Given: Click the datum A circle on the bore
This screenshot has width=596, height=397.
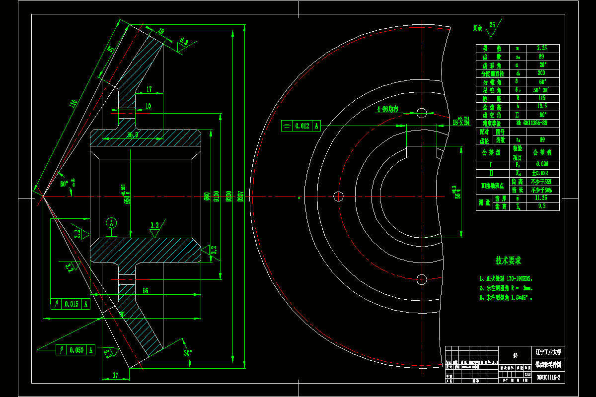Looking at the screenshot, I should pos(111,223).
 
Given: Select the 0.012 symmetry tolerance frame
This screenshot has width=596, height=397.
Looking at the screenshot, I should pos(301,126).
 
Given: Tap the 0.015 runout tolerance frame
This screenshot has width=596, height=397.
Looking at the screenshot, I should pos(71,304).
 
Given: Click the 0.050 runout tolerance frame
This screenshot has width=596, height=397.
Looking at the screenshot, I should pos(74,350).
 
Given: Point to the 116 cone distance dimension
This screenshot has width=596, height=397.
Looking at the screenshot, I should pos(73,103).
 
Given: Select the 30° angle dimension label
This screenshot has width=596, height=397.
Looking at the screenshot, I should pos(187,353).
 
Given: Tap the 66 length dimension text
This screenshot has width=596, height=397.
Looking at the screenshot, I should pos(145,290).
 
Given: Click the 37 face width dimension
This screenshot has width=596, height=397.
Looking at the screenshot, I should pos(110,49).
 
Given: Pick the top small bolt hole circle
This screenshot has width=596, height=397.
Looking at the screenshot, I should pos(422,113).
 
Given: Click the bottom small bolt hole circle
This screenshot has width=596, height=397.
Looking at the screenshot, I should pos(422,279).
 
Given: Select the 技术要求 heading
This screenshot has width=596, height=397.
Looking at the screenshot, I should pos(508,261).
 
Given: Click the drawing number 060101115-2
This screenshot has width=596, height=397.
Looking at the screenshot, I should pos(548,378).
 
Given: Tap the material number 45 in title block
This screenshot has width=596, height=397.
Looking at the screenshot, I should pos(515,355).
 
